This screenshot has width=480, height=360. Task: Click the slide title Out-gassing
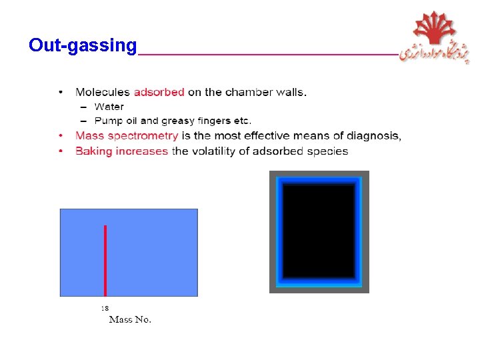click(82, 45)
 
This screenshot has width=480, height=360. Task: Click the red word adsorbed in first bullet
click(159, 92)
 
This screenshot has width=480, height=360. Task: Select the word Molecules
click(103, 92)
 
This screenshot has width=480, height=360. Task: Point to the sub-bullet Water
click(109, 107)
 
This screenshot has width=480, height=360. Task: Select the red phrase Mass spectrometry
click(127, 136)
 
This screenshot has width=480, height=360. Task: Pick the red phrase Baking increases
click(121, 151)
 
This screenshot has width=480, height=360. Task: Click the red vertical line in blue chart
click(105, 260)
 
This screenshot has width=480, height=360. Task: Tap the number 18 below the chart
click(105, 308)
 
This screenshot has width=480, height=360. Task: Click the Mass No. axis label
click(130, 319)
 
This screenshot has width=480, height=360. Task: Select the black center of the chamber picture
click(319, 231)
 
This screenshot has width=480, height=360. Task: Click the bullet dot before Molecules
click(61, 92)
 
